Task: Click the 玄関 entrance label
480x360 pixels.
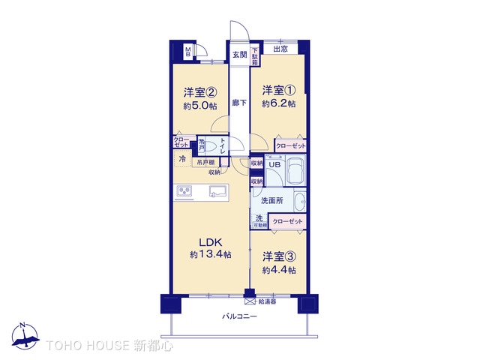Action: coord(238,54)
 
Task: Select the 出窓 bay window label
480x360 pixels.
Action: coord(279,49)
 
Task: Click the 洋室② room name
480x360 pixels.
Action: coord(200,93)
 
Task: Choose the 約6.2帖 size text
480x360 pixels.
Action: coord(278,103)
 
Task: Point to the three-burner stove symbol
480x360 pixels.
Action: coord(184,192)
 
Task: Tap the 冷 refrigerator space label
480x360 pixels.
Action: coord(183,159)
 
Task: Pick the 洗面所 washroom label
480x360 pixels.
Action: coord(271,201)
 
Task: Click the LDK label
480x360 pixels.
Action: coord(210,242)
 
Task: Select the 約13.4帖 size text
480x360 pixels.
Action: coord(210,255)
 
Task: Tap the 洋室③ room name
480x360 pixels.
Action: coord(278,257)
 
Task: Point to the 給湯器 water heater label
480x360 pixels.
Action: coord(268,301)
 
